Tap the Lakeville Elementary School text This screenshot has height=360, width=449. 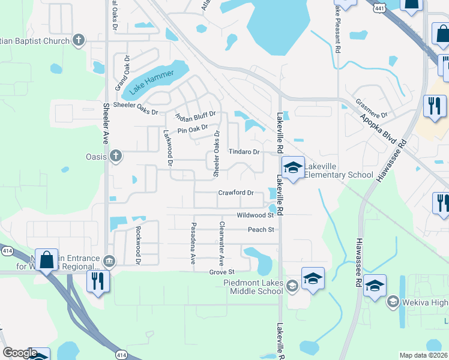coord(339,170)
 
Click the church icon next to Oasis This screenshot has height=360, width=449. coord(116,157)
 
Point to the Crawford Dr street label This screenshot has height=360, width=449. coord(237,193)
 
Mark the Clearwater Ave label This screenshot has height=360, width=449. coord(221,244)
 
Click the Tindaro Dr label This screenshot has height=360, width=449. coord(244,152)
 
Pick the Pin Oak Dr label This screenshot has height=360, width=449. coord(192,129)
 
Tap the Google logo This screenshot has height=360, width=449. coord(19,353)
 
